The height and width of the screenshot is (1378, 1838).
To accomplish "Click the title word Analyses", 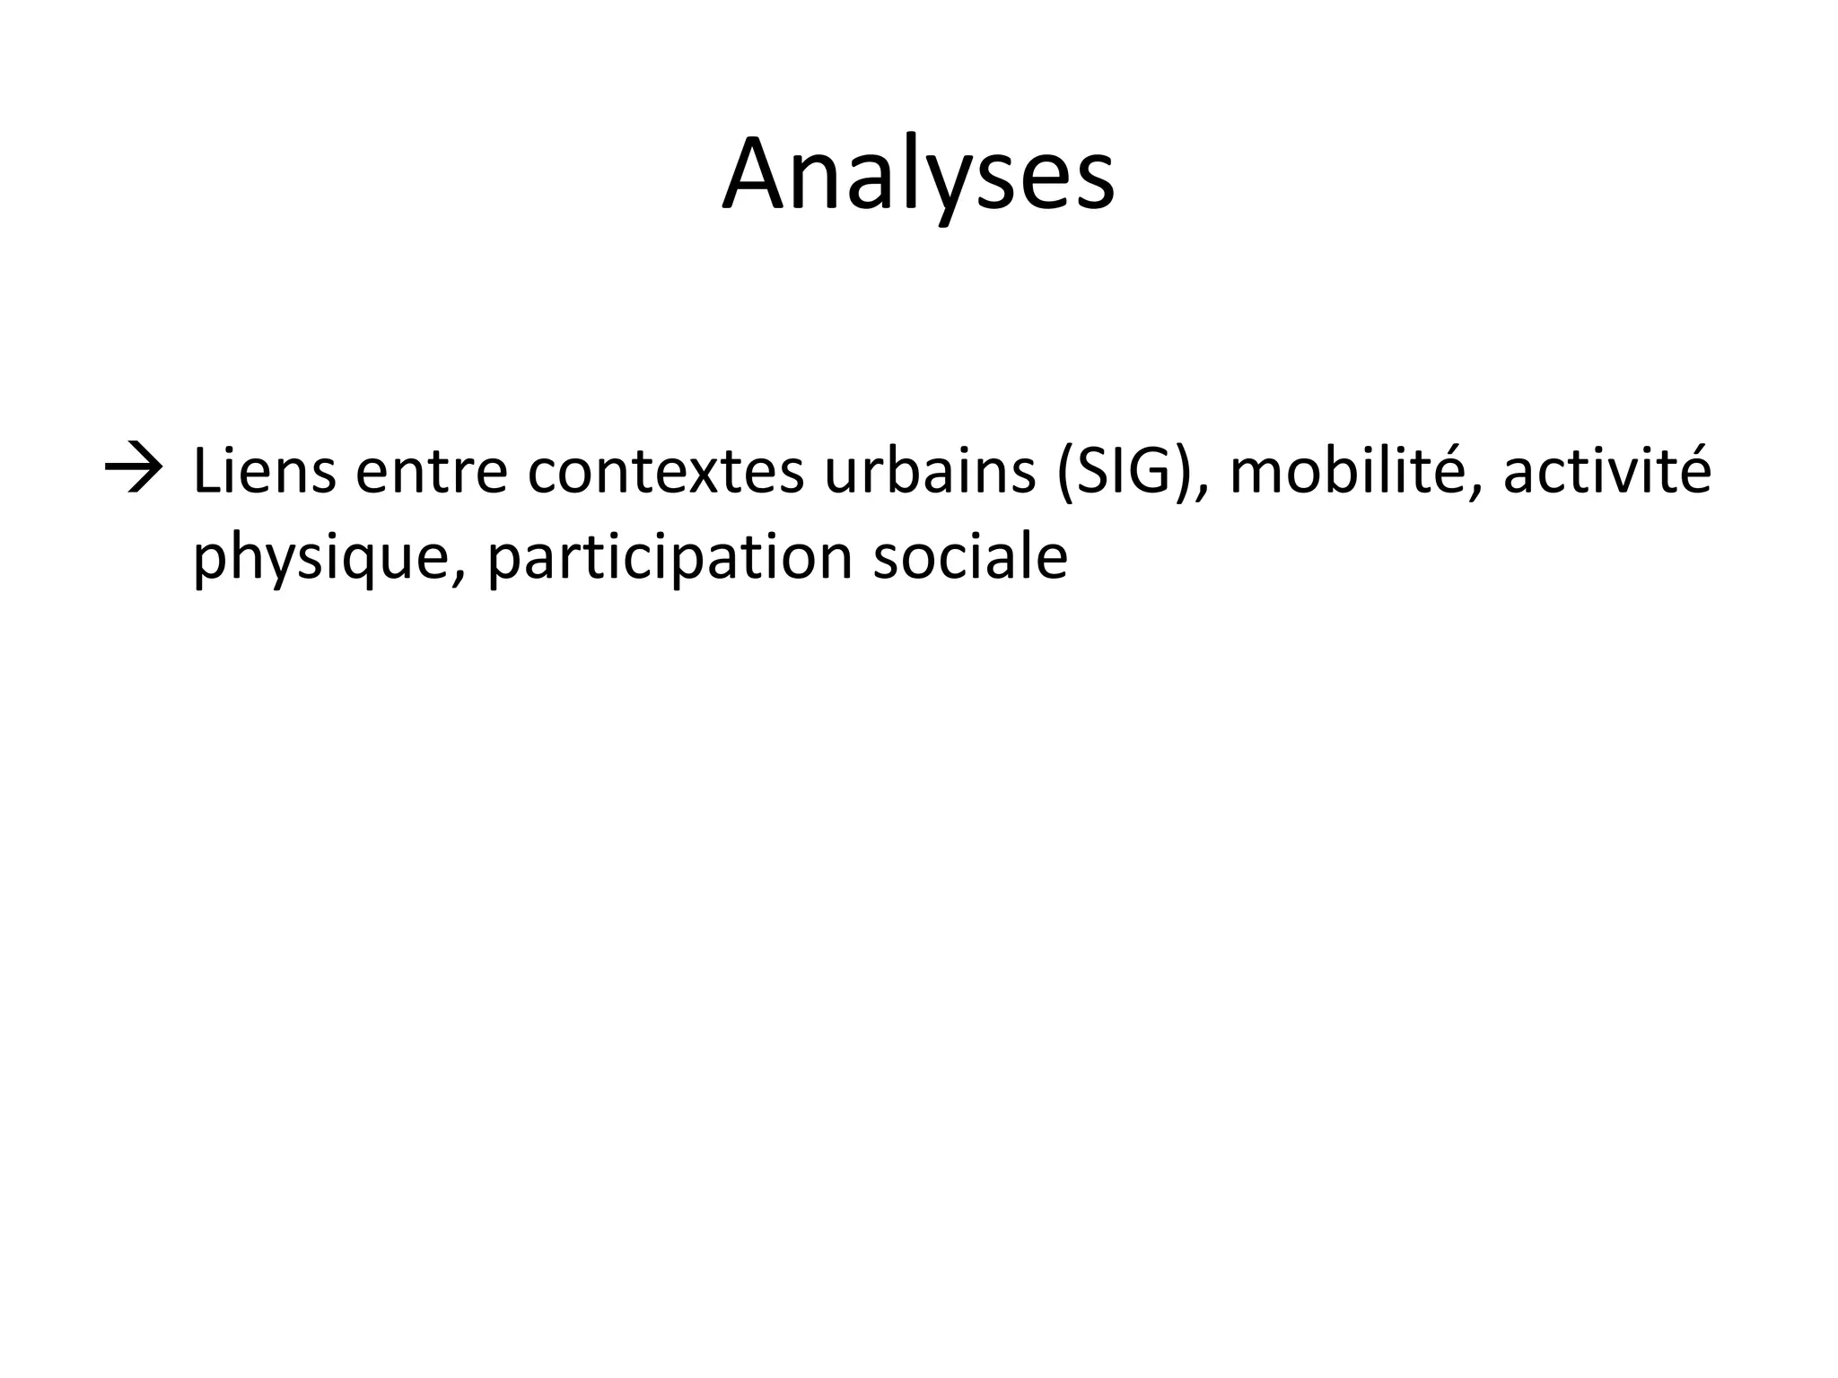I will click(918, 175).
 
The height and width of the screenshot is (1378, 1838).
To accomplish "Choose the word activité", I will click(1607, 472).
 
